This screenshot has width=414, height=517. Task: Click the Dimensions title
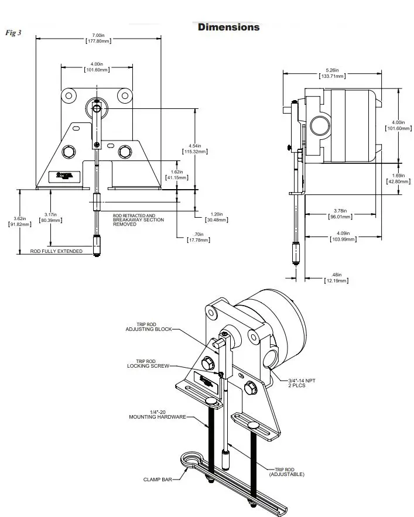[x=228, y=27]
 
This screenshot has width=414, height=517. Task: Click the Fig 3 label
[x=13, y=33]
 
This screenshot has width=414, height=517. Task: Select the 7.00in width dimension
[x=98, y=38]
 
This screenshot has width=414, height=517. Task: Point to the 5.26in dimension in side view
[x=331, y=73]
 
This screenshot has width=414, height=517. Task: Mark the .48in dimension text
[x=336, y=278]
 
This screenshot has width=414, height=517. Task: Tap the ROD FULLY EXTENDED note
[x=56, y=251]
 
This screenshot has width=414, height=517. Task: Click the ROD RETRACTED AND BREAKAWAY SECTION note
[x=138, y=220]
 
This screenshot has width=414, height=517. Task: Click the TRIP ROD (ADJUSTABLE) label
[x=287, y=471]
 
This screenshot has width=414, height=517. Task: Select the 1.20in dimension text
[x=217, y=217]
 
